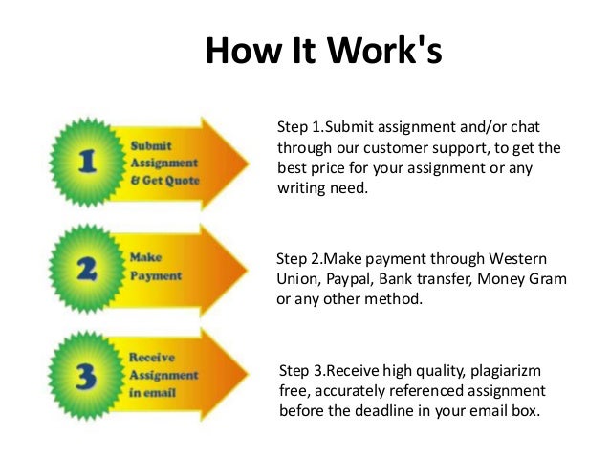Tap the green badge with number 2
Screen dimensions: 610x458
point(87,269)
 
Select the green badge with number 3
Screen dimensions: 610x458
point(87,376)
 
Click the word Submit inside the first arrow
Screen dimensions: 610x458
point(151,146)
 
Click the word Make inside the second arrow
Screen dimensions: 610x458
point(144,258)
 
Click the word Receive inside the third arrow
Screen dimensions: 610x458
point(152,358)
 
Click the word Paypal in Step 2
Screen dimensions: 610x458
point(344,279)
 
